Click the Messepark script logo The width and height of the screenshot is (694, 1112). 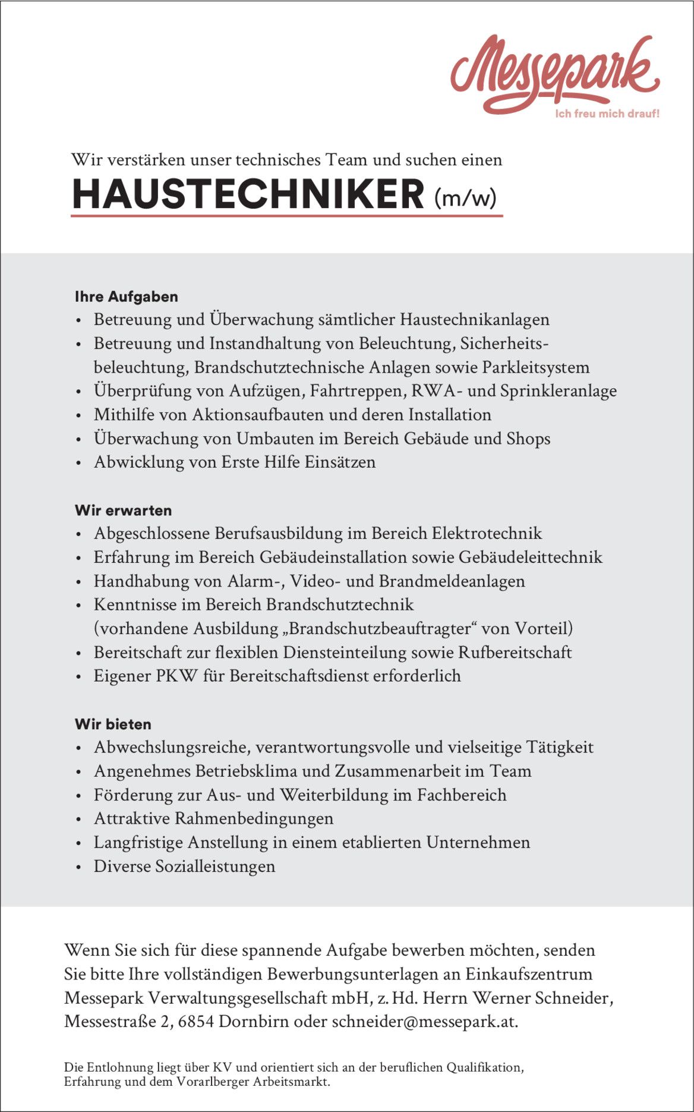pyautogui.click(x=554, y=73)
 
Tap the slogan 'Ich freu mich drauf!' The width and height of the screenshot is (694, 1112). pyautogui.click(x=607, y=114)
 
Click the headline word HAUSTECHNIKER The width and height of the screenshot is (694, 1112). pyautogui.click(x=248, y=194)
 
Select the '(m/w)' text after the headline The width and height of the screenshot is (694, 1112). pyautogui.click(x=465, y=197)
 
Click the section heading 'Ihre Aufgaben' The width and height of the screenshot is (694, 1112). pyautogui.click(x=126, y=297)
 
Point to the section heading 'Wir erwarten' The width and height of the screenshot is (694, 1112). pyautogui.click(x=123, y=511)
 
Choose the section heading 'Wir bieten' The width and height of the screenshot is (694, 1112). pyautogui.click(x=113, y=724)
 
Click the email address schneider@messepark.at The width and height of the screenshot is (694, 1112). pyautogui.click(x=424, y=1022)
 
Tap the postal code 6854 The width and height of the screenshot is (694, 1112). pyautogui.click(x=196, y=1022)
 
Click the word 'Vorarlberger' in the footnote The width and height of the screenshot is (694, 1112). pyautogui.click(x=212, y=1082)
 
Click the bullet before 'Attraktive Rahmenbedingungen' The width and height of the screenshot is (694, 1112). pyautogui.click(x=78, y=820)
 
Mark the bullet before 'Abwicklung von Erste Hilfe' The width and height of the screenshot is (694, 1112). pyautogui.click(x=78, y=463)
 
